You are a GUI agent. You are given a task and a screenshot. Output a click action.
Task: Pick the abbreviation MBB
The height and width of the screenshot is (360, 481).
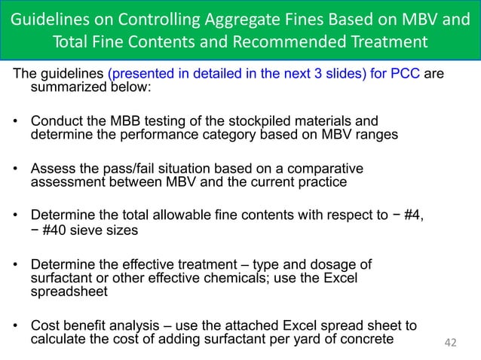(x=136, y=121)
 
